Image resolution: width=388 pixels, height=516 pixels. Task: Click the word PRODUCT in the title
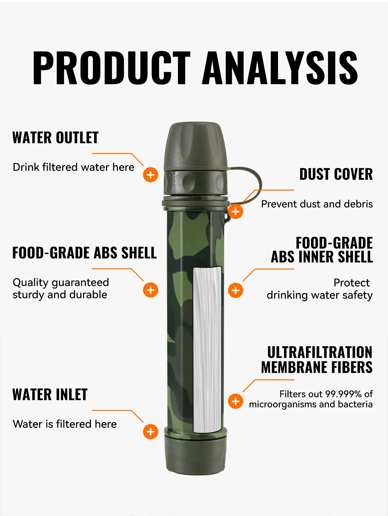pyautogui.click(x=111, y=68)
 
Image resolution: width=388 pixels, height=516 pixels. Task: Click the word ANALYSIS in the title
pyautogui.click(x=280, y=68)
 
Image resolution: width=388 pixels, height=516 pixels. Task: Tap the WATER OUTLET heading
pyautogui.click(x=56, y=138)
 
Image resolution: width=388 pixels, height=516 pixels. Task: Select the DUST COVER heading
pyautogui.click(x=336, y=174)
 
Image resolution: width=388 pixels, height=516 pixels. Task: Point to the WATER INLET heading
pyautogui.click(x=50, y=395)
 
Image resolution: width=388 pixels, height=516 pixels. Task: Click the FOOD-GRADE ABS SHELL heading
pyautogui.click(x=85, y=253)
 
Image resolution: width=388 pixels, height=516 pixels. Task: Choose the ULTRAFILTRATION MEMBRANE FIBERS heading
pyautogui.click(x=317, y=360)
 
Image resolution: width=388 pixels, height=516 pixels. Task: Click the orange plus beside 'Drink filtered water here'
pyautogui.click(x=151, y=175)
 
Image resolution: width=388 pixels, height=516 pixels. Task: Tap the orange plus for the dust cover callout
pyautogui.click(x=236, y=211)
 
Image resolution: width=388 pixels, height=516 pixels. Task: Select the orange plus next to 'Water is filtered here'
pyautogui.click(x=151, y=432)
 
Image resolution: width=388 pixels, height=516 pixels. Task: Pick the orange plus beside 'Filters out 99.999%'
pyautogui.click(x=236, y=401)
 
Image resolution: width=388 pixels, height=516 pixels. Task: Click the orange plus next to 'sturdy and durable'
pyautogui.click(x=151, y=290)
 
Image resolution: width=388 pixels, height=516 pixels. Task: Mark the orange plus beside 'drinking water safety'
pyautogui.click(x=236, y=290)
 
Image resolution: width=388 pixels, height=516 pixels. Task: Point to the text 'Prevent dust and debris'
pyautogui.click(x=317, y=204)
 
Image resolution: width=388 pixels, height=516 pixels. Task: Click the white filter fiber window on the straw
pyautogui.click(x=208, y=350)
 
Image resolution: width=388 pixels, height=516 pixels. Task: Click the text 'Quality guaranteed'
pyautogui.click(x=61, y=283)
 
